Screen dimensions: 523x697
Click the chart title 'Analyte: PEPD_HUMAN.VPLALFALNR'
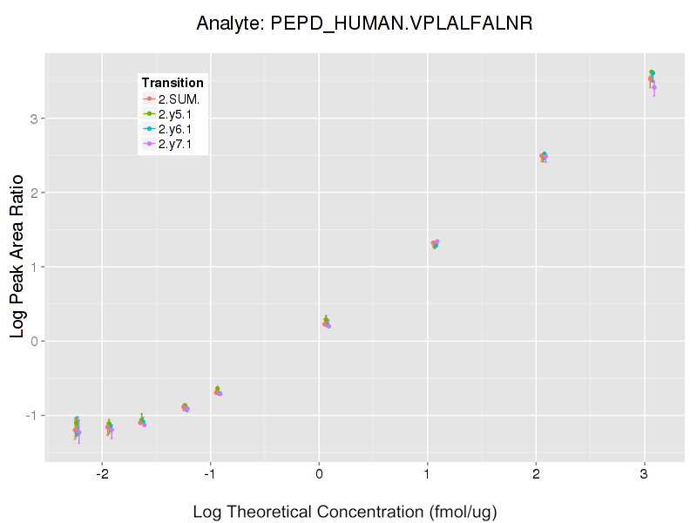(x=364, y=24)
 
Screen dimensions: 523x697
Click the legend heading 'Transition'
(x=173, y=83)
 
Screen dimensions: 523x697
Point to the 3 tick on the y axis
(x=33, y=118)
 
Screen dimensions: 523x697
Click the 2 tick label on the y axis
(x=33, y=192)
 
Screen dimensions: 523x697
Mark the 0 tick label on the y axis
(x=33, y=341)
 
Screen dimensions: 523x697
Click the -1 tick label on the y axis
(x=30, y=415)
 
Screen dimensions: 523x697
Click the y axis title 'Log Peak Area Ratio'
(x=17, y=258)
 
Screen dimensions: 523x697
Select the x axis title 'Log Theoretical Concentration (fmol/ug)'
(x=345, y=512)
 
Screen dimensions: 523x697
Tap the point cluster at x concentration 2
(x=543, y=157)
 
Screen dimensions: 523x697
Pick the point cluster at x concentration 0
(x=326, y=323)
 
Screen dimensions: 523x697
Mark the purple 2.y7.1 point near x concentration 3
(x=654, y=87)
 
